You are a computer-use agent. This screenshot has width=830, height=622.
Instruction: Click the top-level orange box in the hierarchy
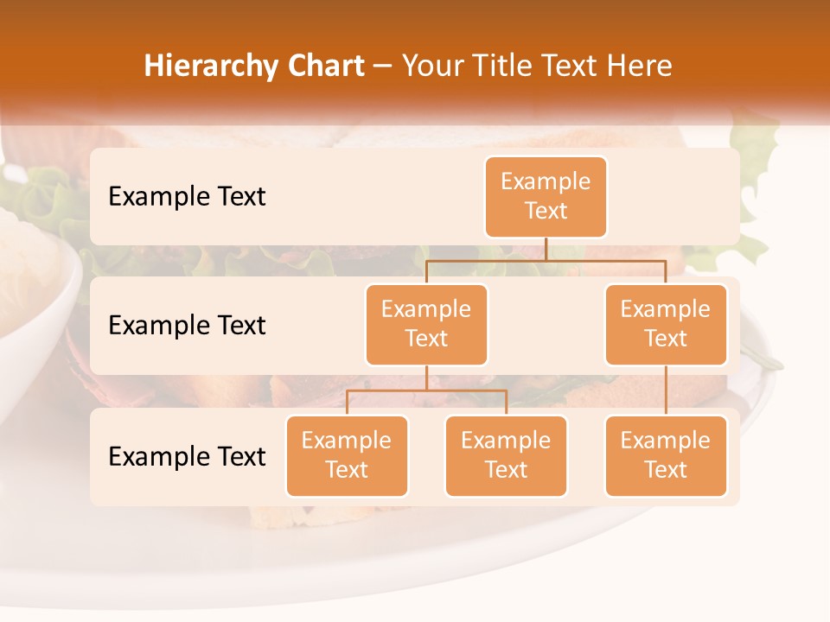pos(546,196)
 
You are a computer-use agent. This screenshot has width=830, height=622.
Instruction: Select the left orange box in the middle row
pos(426,324)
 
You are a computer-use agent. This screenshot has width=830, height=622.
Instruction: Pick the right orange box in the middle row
pos(666,324)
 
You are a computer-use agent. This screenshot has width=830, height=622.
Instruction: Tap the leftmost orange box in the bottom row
pos(347,455)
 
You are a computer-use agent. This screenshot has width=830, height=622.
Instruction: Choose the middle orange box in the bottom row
pos(506,455)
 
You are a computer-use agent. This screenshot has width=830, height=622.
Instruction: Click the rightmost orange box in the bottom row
pos(666,455)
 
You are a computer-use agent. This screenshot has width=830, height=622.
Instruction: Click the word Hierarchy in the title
pos(207,66)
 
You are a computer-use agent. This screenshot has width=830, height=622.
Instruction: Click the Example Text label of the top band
pos(187,196)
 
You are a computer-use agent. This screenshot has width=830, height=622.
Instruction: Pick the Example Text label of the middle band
pos(187,325)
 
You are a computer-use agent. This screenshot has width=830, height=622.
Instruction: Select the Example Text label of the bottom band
pos(187,456)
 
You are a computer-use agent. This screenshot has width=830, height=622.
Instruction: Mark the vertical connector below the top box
pos(546,249)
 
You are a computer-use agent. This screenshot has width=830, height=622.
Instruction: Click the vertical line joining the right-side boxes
pos(666,390)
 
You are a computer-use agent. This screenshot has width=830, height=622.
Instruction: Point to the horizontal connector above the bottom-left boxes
pos(426,390)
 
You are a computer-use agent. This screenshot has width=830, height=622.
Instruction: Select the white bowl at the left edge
pos(35,302)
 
